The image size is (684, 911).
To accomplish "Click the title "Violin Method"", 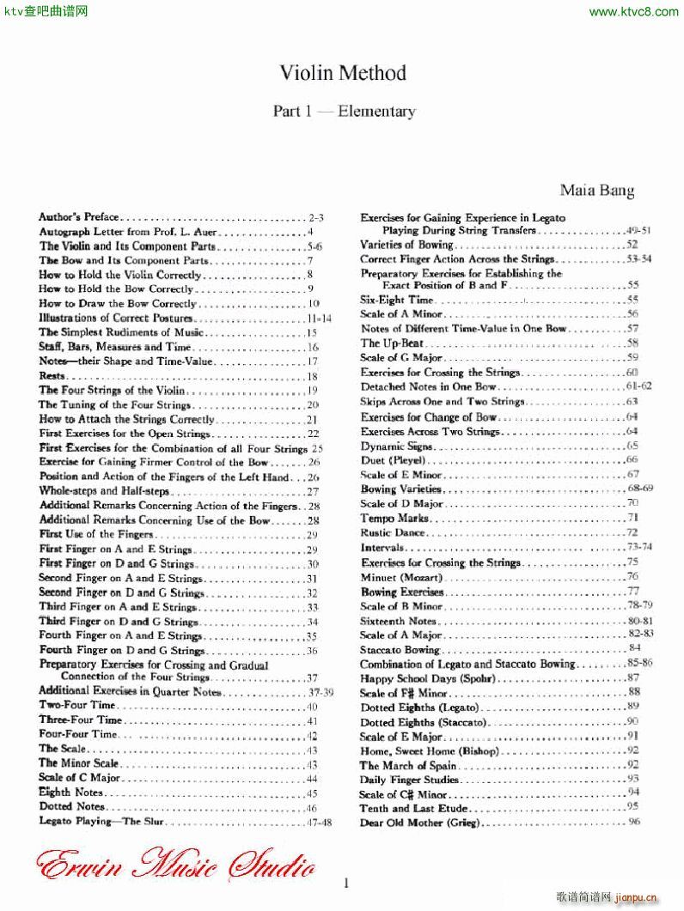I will point(342,73).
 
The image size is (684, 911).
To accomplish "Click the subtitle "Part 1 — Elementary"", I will point(344,111).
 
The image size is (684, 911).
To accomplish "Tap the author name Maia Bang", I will point(597,190).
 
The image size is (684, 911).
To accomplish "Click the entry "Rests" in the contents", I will point(52,376).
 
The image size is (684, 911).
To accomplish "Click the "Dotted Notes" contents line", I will point(72,807).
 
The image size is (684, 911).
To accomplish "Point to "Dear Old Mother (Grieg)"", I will point(419,823).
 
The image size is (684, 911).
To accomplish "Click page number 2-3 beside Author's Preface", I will point(315,217).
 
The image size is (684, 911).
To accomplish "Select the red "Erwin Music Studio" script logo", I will point(176,862).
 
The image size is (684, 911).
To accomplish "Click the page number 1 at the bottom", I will point(345,883).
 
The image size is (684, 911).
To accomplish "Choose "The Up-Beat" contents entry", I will point(388,343).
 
